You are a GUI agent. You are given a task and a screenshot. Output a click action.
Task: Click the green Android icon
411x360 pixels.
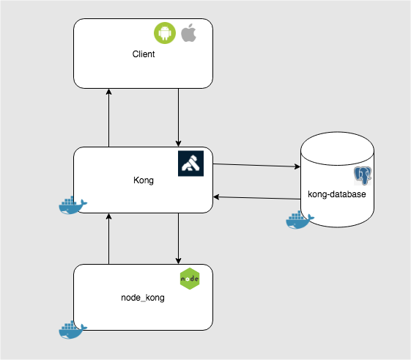point(164,33)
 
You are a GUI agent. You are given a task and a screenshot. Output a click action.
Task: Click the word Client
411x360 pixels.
point(144,54)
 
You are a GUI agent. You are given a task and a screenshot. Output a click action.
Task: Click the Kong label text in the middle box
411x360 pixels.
point(144,180)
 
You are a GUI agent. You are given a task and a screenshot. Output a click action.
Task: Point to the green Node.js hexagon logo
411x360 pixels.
point(190,279)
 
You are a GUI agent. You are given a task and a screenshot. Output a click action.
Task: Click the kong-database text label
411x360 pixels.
point(337,194)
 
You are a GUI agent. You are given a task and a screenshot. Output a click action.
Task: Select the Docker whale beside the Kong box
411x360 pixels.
point(72,206)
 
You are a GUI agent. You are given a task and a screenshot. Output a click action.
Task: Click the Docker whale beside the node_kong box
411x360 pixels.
point(72,329)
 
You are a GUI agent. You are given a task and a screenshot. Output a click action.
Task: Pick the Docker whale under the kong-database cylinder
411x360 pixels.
point(299,220)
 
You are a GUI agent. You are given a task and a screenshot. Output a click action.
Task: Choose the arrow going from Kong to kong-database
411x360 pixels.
point(256,166)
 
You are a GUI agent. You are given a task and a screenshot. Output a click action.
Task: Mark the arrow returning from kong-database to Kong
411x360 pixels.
point(256,197)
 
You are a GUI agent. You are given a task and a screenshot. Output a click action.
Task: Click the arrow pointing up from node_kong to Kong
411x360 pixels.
point(109,238)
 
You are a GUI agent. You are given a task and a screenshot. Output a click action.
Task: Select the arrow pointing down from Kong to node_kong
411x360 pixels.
point(178,238)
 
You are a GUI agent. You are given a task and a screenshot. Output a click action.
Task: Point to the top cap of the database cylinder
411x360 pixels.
point(337,146)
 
